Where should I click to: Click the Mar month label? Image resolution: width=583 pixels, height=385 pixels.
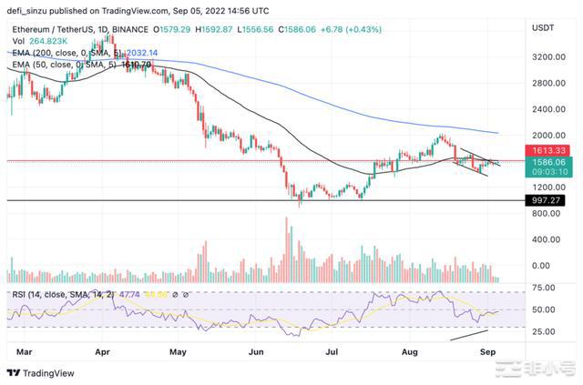(x=24, y=350)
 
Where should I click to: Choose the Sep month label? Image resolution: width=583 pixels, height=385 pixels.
(x=486, y=350)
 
